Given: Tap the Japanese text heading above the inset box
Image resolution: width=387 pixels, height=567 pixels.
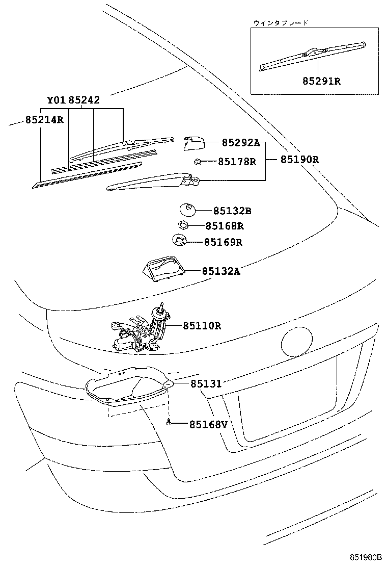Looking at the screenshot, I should tap(281, 22).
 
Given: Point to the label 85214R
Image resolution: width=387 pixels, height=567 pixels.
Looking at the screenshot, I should tap(44, 120).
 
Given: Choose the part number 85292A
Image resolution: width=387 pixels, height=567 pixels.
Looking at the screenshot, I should tap(240, 143).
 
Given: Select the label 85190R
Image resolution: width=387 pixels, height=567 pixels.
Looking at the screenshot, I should tap(299, 159).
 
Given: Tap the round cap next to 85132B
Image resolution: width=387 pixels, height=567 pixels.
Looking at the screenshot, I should tap(187, 209).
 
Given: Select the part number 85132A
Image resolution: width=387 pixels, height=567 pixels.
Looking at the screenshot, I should tap(220, 271).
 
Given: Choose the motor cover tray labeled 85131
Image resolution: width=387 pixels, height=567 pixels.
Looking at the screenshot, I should tap(127, 385).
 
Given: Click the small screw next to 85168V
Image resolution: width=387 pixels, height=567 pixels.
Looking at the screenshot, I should tap(169, 423).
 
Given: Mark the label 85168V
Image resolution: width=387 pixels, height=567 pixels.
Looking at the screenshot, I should tap(208, 424).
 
